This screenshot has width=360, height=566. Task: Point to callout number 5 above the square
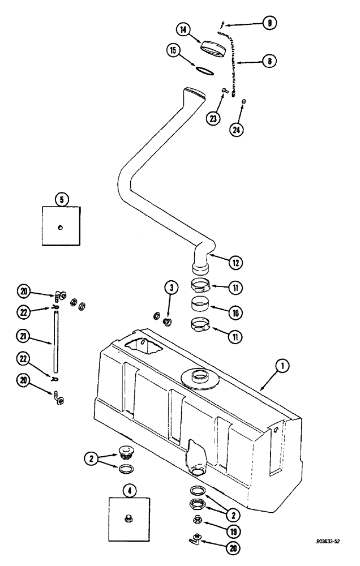(x=61, y=199)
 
